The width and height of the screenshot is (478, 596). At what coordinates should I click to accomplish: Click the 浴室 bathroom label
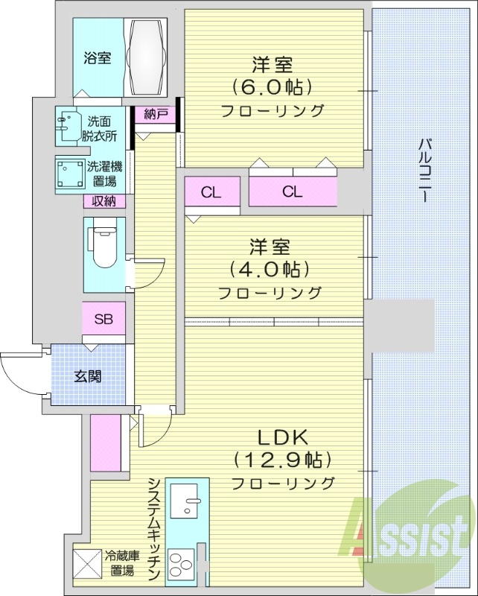(98, 57)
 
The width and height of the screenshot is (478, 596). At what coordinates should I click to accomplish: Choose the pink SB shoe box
(103, 320)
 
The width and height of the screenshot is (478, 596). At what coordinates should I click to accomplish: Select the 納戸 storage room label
(156, 114)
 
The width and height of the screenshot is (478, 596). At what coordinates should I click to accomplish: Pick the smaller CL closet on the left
(211, 192)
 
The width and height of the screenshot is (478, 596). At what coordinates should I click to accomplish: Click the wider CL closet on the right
(292, 192)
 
